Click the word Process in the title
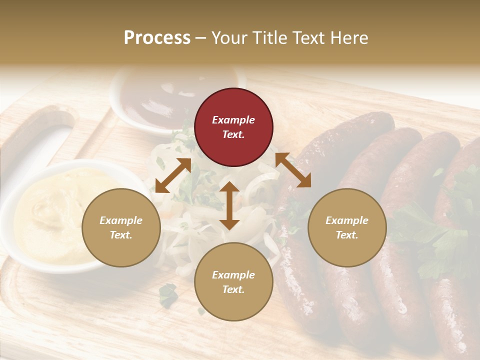[x=157, y=38]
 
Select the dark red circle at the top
[x=233, y=127]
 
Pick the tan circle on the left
[x=121, y=227]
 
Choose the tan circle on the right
[x=347, y=227]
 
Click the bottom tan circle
[x=233, y=281]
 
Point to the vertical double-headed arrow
[x=229, y=205]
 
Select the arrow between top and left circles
[x=173, y=175]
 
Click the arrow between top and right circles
[x=293, y=170]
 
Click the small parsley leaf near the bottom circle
[x=168, y=295]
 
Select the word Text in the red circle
[x=233, y=134]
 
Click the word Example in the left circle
[x=121, y=220]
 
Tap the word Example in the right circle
[x=347, y=220]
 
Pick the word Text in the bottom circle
[x=233, y=289]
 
